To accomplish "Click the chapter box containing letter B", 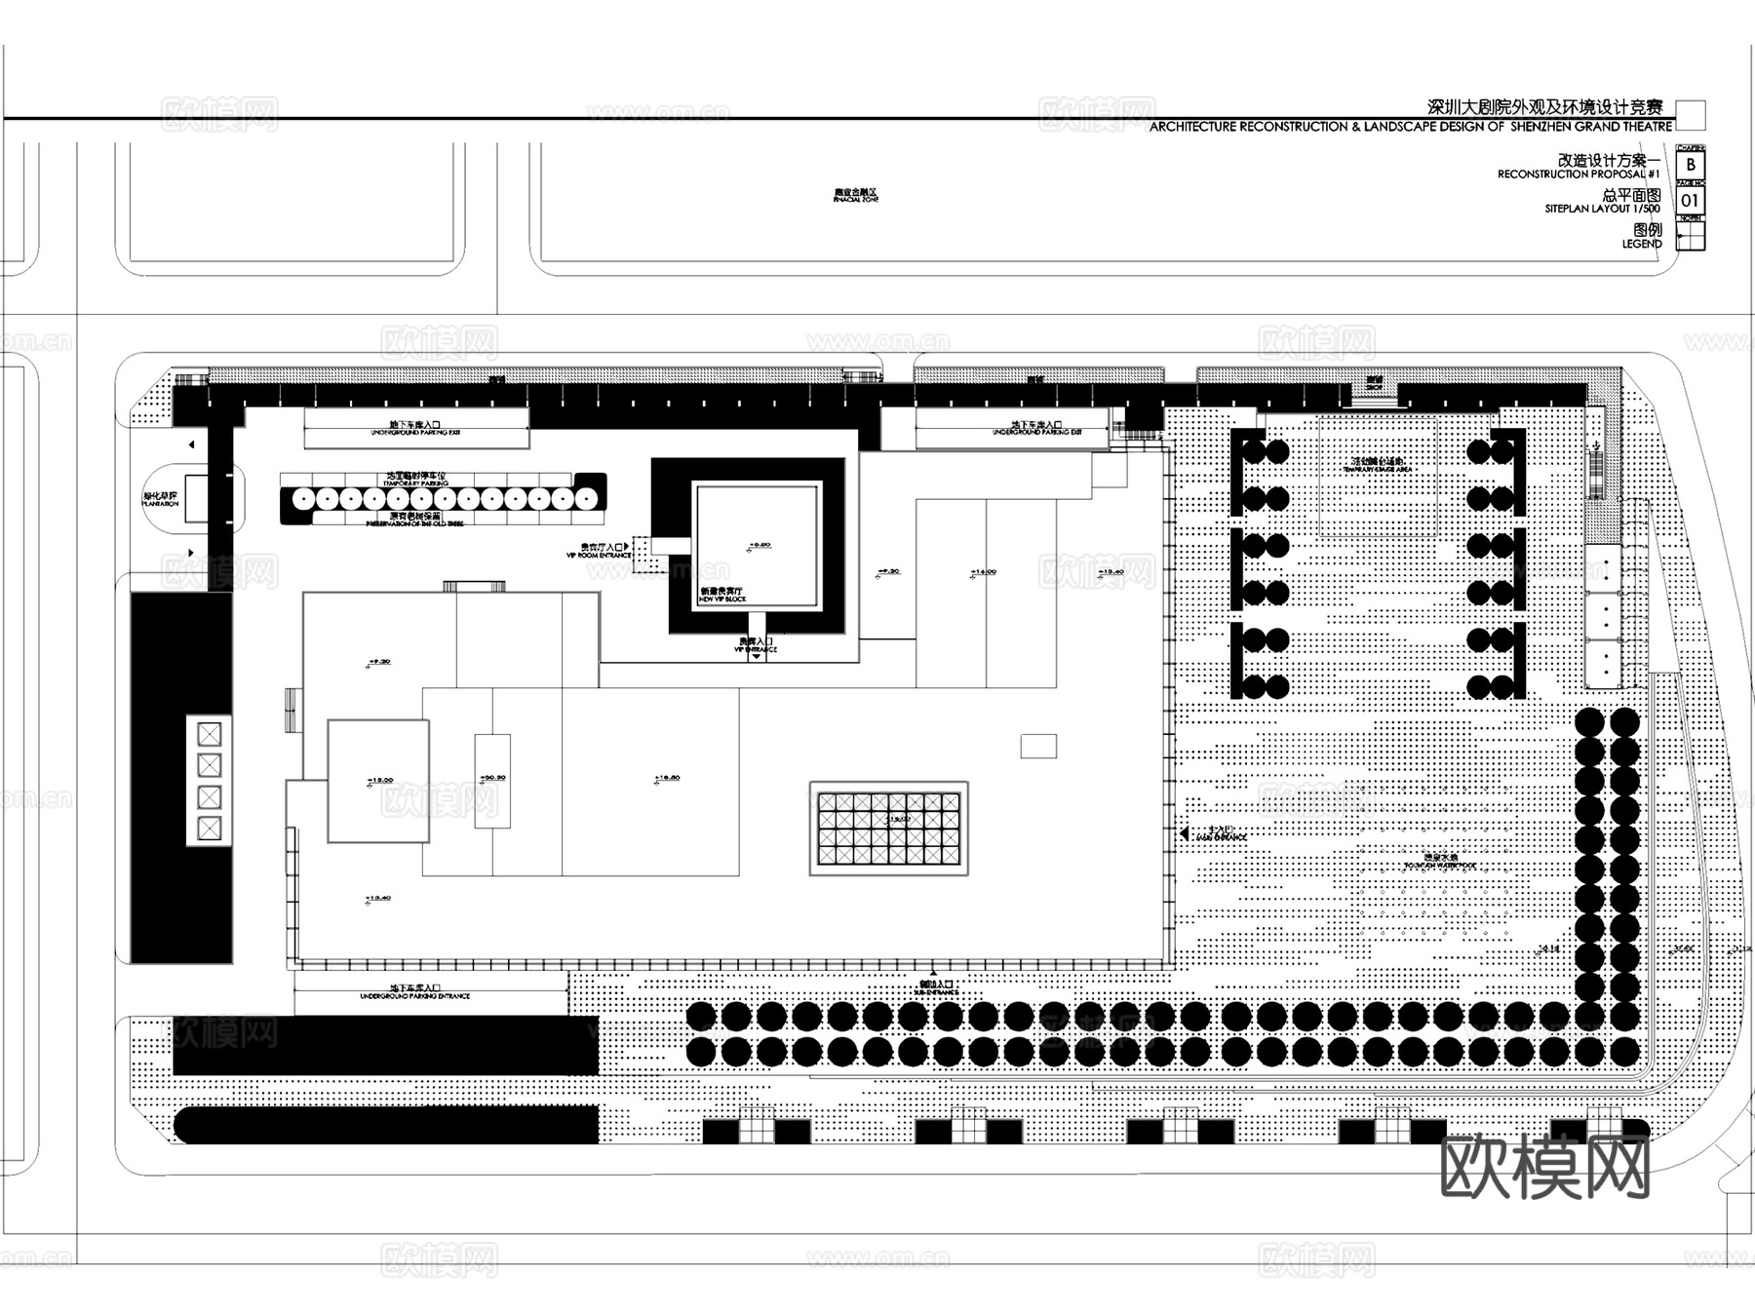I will pos(1690,165).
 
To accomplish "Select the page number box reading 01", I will pos(1690,201).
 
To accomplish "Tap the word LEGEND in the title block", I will pos(1642,244).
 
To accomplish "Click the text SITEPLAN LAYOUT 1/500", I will pos(1602,209).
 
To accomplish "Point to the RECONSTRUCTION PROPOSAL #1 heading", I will pos(1579,174).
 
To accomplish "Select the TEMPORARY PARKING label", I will pos(416,481).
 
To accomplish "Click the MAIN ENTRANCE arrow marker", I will pos(1183,834).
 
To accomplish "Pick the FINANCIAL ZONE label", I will pos(855,197).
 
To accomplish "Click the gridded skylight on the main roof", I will pos(888,829).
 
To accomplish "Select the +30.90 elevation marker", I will pos(492,778).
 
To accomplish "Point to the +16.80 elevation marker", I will pos(667,778).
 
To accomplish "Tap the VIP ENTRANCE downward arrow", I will pos(757,656).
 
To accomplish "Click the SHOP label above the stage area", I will pos(1374,384).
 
